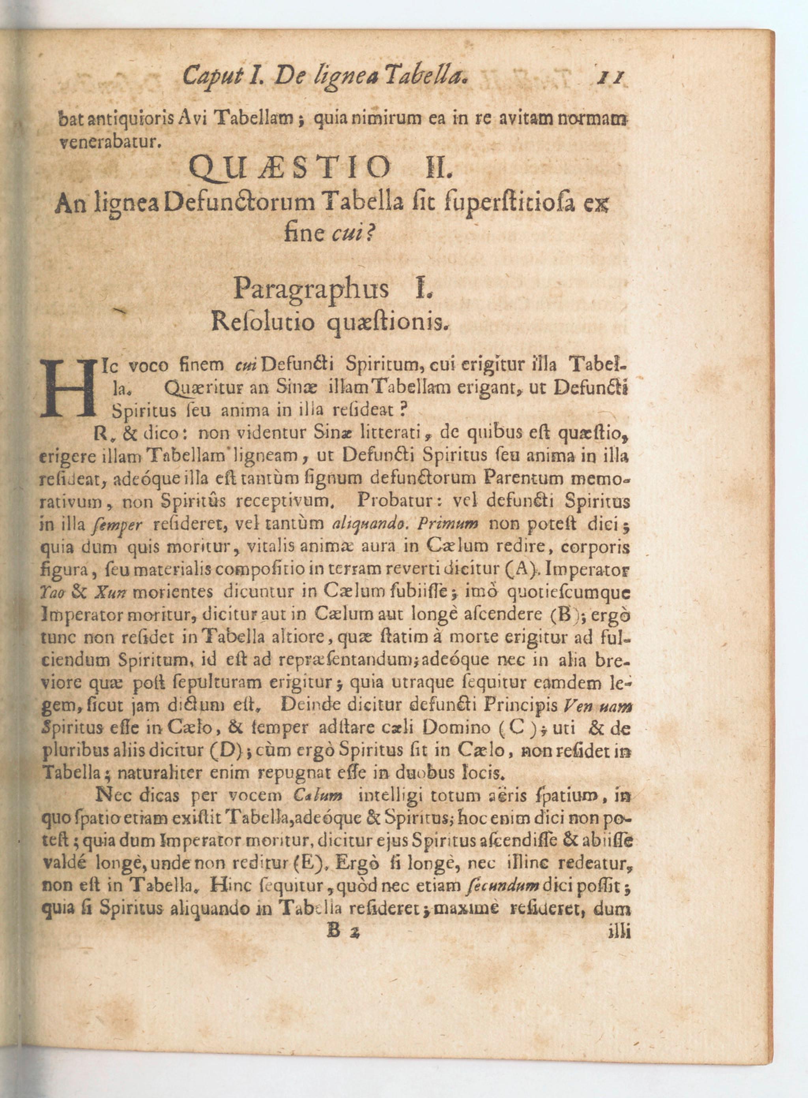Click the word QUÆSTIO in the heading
(x=290, y=168)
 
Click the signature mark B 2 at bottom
(x=344, y=931)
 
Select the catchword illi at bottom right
(x=618, y=931)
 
